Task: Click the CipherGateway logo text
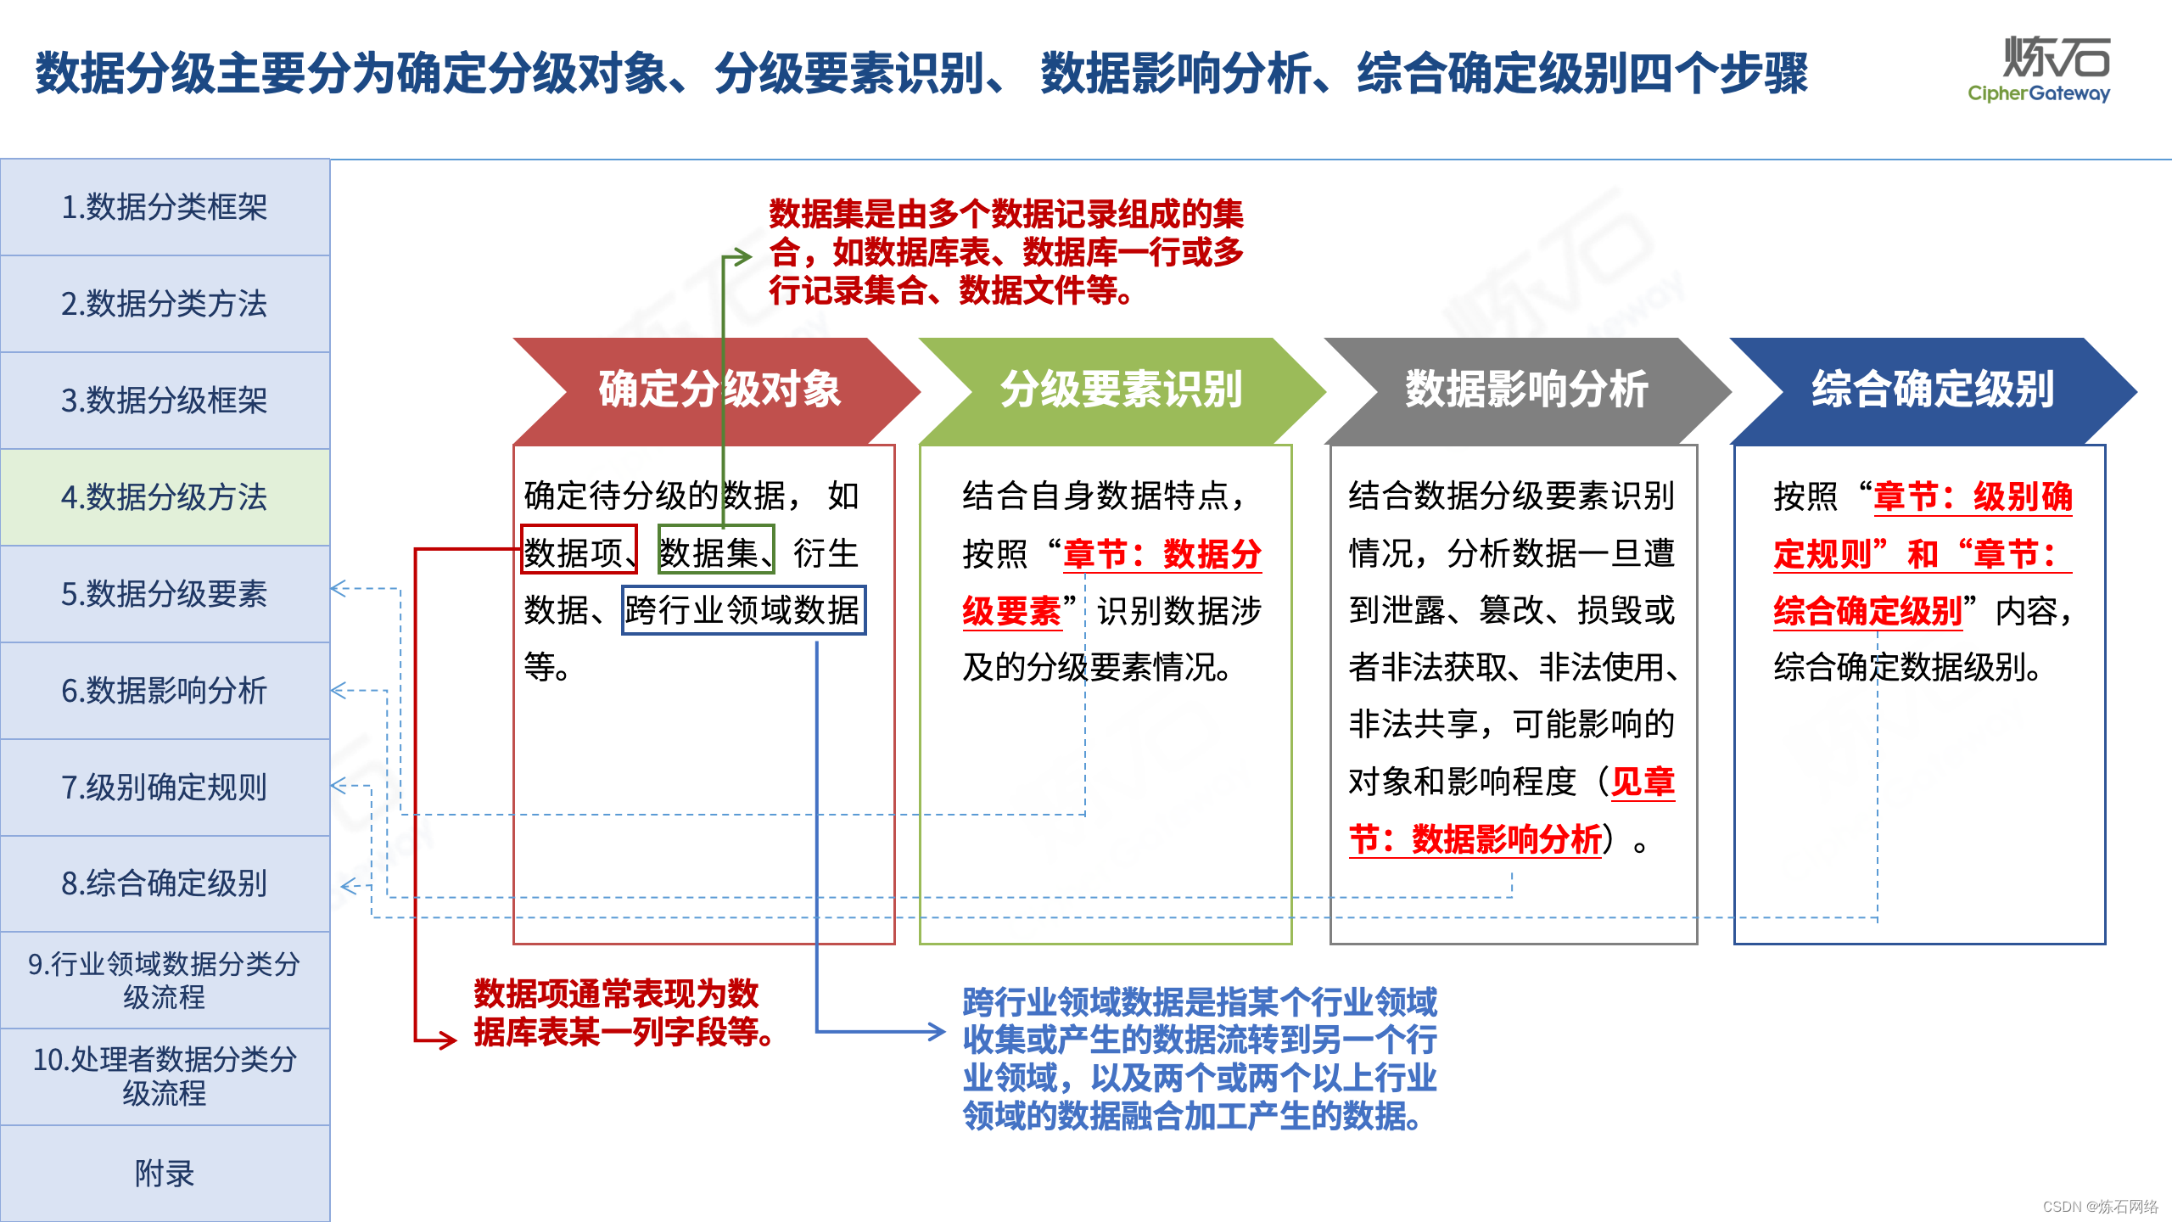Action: pyautogui.click(x=2038, y=93)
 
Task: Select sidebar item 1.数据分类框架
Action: pyautogui.click(x=165, y=207)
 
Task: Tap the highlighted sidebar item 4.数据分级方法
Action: pyautogui.click(x=165, y=497)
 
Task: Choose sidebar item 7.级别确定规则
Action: pyautogui.click(x=165, y=788)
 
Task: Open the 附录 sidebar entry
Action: pyautogui.click(x=165, y=1174)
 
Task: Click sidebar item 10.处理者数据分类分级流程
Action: pyautogui.click(x=165, y=1076)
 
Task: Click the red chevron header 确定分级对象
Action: pyautogui.click(x=718, y=390)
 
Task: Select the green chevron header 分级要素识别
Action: pyautogui.click(x=1122, y=390)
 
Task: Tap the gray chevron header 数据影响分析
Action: pyautogui.click(x=1526, y=390)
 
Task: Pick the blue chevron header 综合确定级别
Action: pyautogui.click(x=1932, y=390)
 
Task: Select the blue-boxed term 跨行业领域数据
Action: pyautogui.click(x=742, y=610)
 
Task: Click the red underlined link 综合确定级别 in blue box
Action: pyautogui.click(x=1867, y=611)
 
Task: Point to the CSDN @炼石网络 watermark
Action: pyautogui.click(x=2100, y=1207)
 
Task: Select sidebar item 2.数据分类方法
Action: pyautogui.click(x=165, y=304)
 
